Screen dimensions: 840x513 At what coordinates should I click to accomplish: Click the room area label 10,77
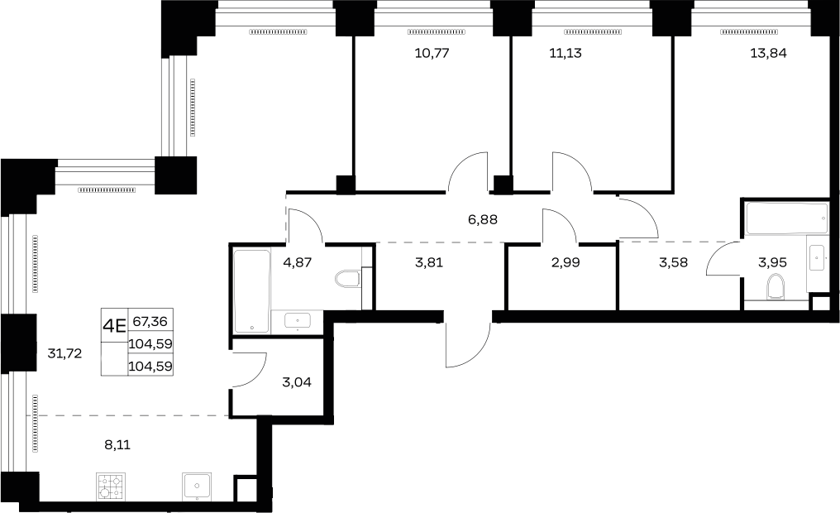point(432,53)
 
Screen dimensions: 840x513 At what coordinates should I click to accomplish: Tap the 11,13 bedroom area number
point(566,53)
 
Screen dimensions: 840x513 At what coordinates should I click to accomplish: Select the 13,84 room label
point(768,53)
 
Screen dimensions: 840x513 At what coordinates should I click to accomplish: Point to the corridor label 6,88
point(483,219)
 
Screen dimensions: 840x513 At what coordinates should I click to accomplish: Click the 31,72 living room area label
point(64,353)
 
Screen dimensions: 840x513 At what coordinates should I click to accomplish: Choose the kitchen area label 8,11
point(118,444)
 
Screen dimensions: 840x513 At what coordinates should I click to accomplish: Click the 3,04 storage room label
point(296,382)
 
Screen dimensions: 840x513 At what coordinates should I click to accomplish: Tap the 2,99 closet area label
point(566,262)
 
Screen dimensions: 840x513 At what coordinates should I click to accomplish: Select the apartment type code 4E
point(114,325)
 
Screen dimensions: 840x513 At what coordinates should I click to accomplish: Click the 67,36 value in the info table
point(150,322)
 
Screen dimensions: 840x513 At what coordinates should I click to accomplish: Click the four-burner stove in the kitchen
point(111,487)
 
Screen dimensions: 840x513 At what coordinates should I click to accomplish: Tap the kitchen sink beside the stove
point(197,487)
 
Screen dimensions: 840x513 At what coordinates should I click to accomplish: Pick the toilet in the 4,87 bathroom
point(348,279)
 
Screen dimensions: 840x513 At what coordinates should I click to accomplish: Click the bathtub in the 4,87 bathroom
point(252,291)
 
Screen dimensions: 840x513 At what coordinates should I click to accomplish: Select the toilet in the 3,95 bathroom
point(776,286)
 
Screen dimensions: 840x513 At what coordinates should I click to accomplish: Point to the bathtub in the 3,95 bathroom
point(786,218)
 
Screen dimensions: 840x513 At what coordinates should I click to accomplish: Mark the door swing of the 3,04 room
point(249,369)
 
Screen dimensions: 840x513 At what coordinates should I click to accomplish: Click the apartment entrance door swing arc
point(468,345)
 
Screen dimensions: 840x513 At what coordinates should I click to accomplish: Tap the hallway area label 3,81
point(429,262)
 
